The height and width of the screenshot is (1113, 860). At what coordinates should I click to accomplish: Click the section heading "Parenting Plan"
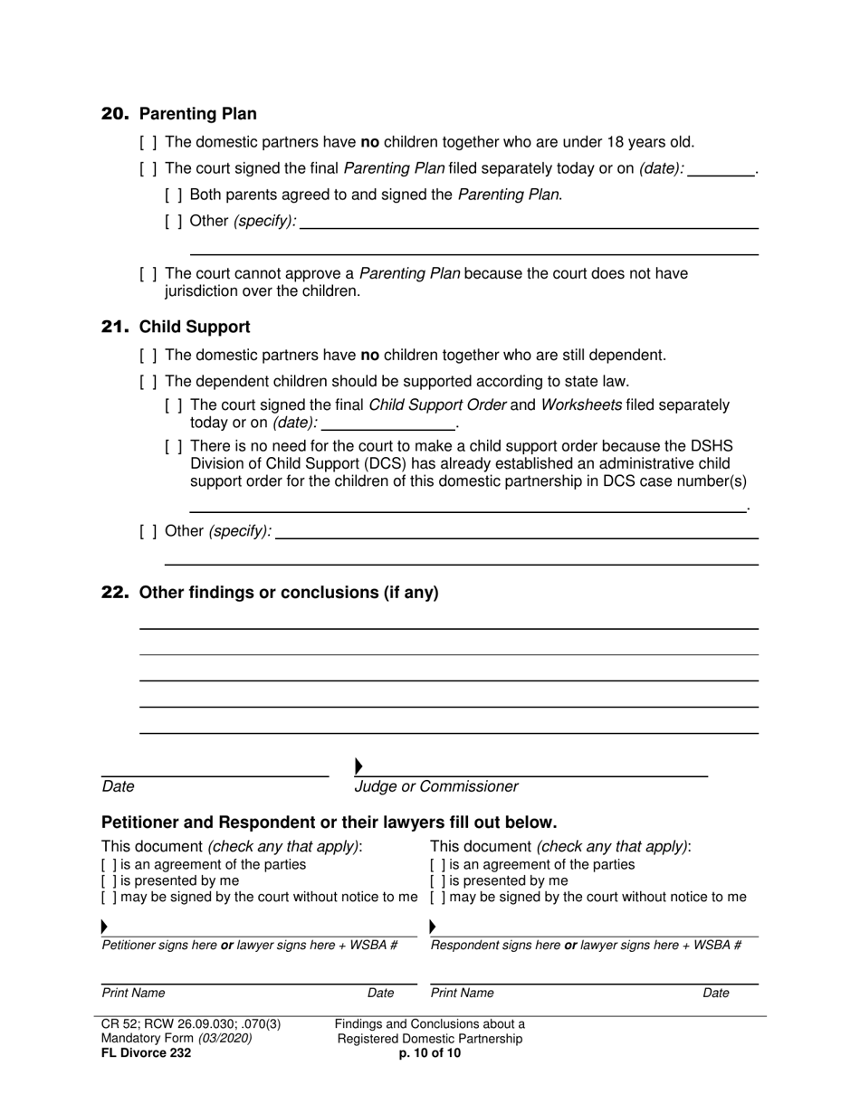197,114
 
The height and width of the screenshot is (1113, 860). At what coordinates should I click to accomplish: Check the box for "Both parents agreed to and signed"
174,195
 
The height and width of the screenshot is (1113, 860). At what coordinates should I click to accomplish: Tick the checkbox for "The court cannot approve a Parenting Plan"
148,274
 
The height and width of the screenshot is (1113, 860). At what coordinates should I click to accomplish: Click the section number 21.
115,327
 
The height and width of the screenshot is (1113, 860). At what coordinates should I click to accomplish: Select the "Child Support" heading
195,327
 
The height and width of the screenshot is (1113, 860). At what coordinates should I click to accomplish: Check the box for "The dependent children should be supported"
148,382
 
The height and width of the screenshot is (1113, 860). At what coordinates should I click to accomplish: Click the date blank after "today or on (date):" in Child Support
388,423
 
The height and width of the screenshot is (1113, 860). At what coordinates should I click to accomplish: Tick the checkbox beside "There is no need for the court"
174,446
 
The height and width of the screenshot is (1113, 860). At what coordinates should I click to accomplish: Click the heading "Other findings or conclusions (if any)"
289,593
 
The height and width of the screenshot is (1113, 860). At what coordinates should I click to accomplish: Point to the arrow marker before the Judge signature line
359,767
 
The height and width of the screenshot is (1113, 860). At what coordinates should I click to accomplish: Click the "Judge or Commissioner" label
436,787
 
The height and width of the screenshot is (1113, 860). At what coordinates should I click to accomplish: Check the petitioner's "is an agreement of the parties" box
109,865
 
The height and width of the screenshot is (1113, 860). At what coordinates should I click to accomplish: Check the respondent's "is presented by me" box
437,881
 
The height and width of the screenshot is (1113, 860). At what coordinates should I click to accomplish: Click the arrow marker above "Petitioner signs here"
105,927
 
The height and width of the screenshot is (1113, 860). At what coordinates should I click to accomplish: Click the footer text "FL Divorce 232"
146,1053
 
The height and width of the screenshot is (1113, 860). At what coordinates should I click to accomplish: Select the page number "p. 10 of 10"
430,1053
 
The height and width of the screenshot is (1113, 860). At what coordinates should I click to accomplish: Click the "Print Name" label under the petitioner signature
133,994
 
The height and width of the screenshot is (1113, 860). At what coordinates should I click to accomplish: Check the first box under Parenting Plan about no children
148,142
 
